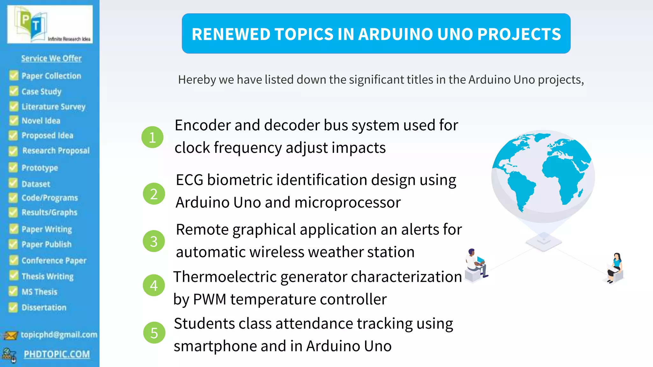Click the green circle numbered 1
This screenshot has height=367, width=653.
(152, 137)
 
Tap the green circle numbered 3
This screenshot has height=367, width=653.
(154, 241)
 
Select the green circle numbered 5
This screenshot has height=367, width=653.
(154, 333)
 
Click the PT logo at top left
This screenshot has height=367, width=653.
(50, 24)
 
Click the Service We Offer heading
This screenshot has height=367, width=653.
(51, 58)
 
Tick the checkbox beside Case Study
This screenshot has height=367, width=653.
(14, 91)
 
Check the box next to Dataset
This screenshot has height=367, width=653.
(13, 183)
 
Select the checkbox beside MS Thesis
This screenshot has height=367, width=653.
(13, 291)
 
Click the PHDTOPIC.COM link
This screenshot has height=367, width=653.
(57, 354)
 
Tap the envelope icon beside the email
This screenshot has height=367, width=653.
(10, 335)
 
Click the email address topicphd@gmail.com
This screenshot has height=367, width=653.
(59, 335)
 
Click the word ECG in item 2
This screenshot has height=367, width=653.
(189, 180)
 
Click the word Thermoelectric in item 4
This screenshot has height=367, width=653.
(225, 277)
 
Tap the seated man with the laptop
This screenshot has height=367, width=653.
(476, 264)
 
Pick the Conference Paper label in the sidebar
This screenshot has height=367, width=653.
(54, 261)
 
